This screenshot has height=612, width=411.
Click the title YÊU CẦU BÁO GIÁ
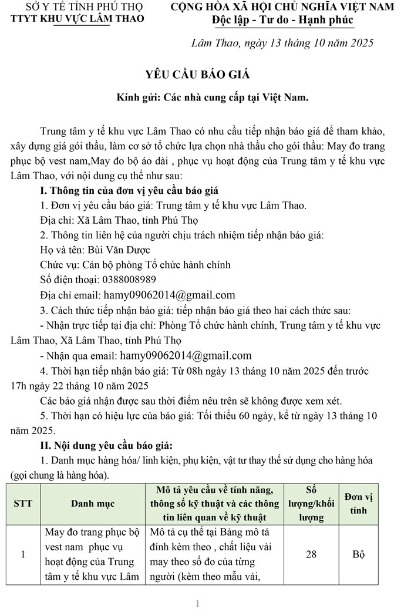198,75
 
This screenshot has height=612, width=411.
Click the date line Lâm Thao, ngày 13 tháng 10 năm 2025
282,43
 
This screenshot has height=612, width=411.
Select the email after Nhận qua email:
186,355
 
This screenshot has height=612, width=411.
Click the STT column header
23,503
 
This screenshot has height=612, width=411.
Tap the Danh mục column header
93,503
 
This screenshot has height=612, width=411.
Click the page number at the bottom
198,603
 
